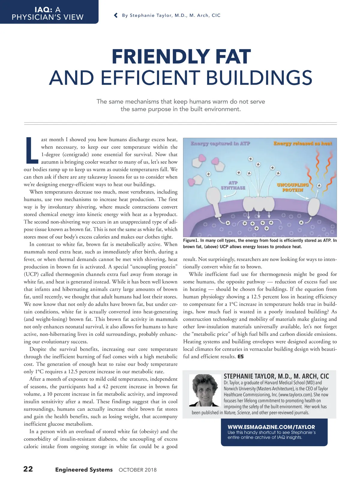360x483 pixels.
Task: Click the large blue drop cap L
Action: pos(31,151)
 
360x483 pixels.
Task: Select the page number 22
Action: pos(28,469)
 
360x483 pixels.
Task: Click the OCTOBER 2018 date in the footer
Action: pos(138,470)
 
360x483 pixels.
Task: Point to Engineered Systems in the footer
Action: pos(84,469)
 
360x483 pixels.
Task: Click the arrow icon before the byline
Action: pos(116,15)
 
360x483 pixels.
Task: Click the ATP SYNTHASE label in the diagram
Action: pos(233,185)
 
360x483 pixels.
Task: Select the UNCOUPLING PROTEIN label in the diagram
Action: pos(292,187)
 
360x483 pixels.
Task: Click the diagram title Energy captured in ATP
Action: pos(220,143)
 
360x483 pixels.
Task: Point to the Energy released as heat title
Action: pos(303,143)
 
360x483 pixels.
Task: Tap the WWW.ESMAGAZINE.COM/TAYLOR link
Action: pos(271,427)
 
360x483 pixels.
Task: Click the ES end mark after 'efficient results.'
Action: pos(241,357)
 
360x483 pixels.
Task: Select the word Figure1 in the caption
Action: pos(190,240)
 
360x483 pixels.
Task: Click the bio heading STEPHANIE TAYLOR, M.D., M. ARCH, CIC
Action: pos(276,376)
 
